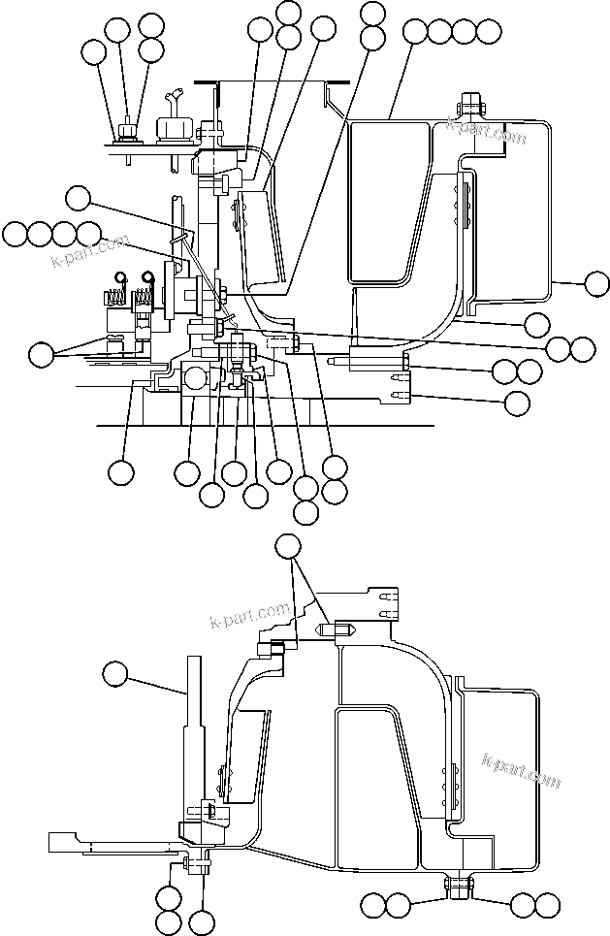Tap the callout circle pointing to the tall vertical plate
click(118, 673)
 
